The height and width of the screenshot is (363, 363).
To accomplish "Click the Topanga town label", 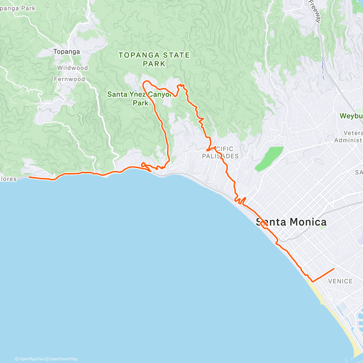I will click(67, 52).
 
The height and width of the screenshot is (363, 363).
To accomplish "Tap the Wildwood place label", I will click(73, 68).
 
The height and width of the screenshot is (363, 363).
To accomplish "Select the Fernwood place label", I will click(70, 79).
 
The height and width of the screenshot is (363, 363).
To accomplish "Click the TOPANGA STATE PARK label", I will click(154, 59).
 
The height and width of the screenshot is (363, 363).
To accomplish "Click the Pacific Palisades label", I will click(221, 152).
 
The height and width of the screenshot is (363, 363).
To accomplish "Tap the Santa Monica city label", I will click(291, 222).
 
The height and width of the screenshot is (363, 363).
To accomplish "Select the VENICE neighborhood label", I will click(340, 281).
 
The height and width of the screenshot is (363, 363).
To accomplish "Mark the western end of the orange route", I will click(29, 177).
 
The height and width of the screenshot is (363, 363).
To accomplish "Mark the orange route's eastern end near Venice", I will click(334, 268).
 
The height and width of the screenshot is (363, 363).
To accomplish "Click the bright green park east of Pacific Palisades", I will click(269, 159).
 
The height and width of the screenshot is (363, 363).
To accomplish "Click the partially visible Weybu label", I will click(351, 116).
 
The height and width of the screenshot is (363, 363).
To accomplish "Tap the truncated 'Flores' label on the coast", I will click(8, 179).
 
